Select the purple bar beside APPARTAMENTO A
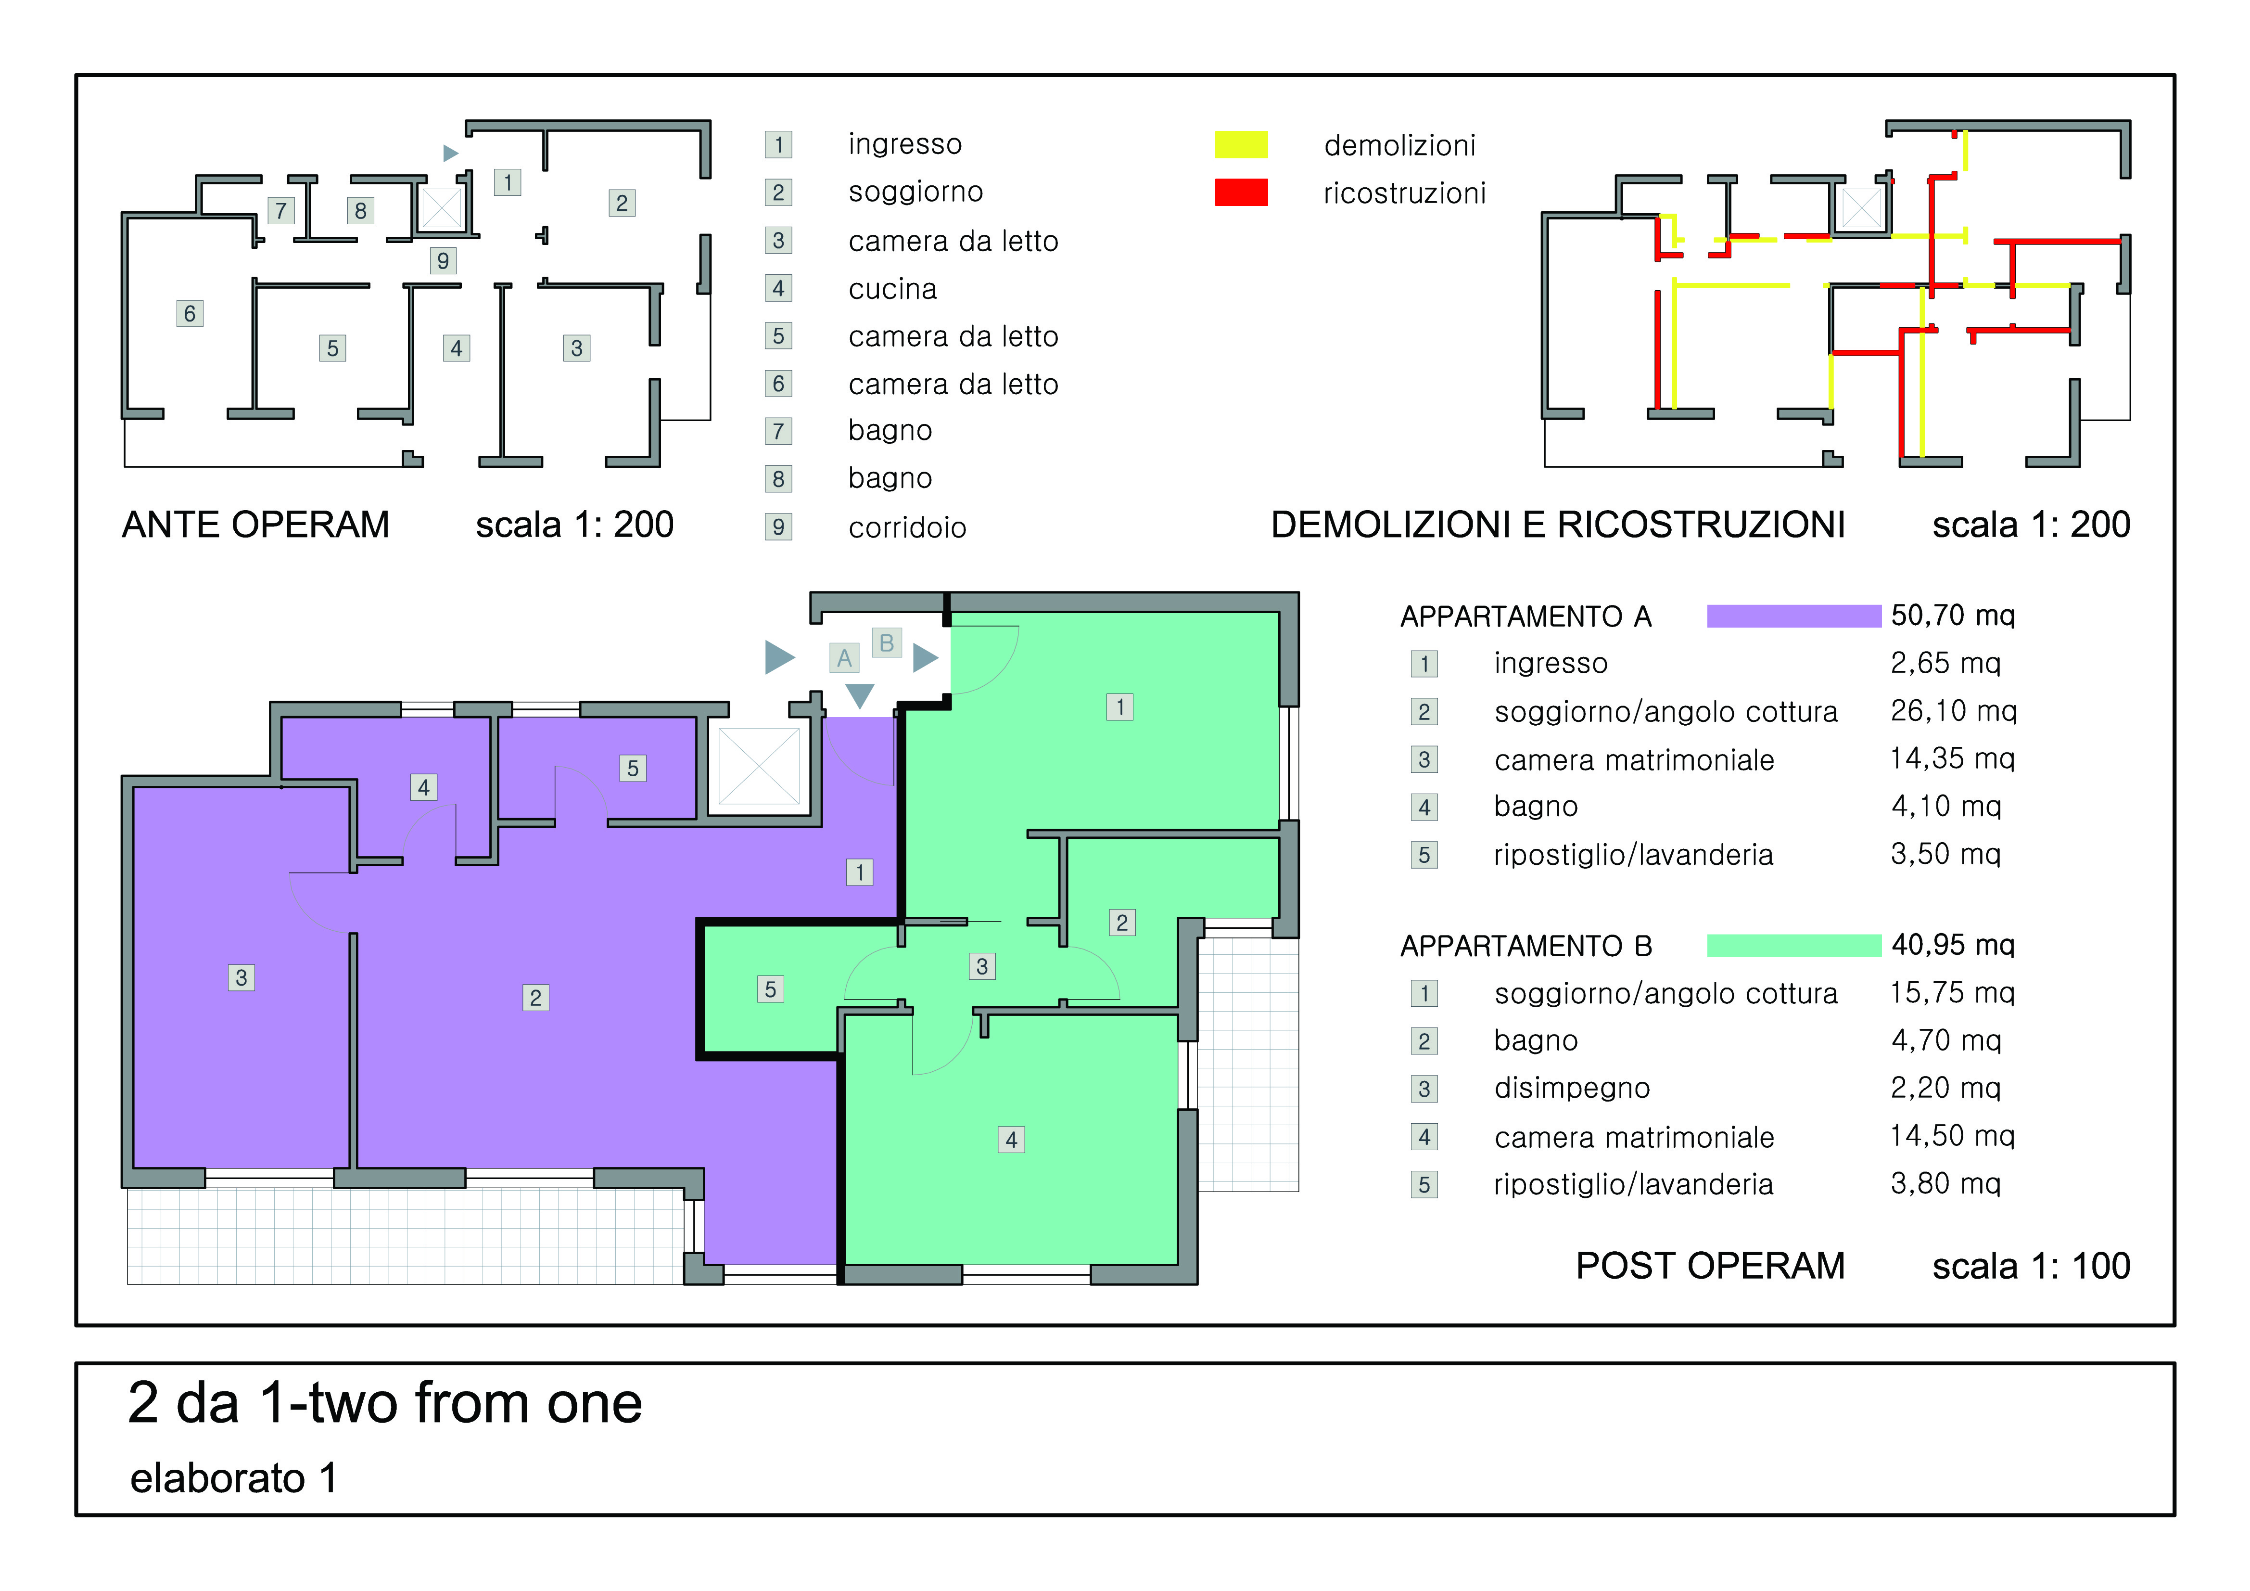tap(1793, 616)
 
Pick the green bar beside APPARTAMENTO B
tap(1793, 945)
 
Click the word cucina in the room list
tap(893, 289)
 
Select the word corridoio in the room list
tap(907, 527)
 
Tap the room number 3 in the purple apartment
tap(241, 977)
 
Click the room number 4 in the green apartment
tap(1011, 1139)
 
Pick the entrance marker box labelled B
tap(887, 643)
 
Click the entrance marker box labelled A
tap(844, 658)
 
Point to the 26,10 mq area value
tap(1953, 711)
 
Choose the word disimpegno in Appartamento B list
tap(1572, 1088)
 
